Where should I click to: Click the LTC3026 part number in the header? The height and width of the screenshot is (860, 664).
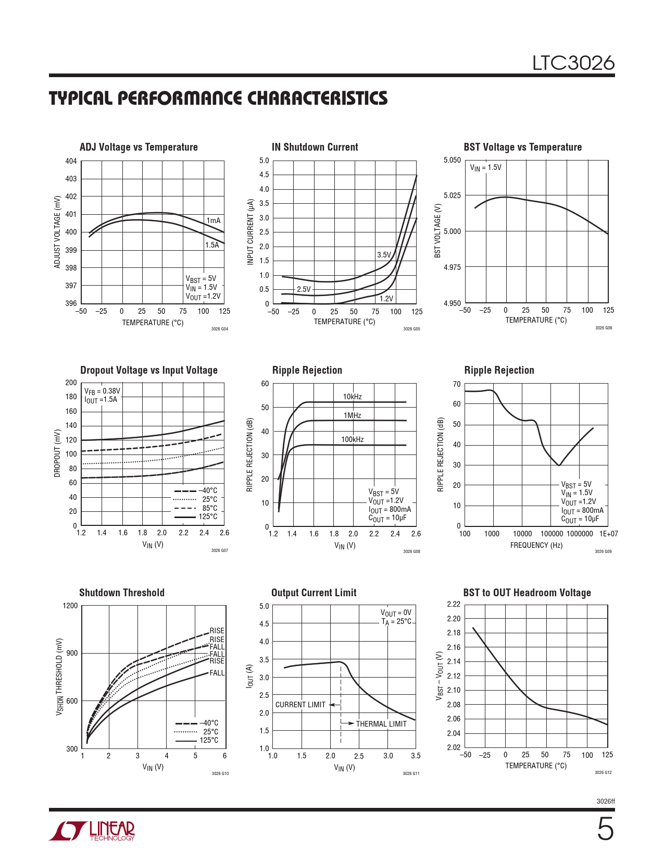pos(573,63)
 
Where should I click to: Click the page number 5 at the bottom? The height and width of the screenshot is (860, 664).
pos(605,829)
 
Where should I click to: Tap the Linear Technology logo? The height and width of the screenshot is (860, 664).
pos(92,831)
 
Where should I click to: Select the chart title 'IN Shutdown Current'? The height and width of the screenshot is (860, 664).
pos(315,147)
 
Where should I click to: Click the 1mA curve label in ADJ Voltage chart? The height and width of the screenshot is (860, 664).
pos(214,220)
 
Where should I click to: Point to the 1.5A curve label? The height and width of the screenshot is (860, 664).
pos(212,245)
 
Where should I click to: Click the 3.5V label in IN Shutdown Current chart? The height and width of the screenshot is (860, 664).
pos(384,255)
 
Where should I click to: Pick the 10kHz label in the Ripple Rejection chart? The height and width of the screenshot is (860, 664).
pos(352,397)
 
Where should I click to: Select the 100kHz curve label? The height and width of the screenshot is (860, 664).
pos(352,439)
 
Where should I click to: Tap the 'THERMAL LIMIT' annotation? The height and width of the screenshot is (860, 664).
pos(381,724)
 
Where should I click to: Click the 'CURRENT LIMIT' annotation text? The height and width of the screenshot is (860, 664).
pos(300,705)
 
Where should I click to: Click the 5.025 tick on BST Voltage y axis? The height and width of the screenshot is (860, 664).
pos(452,195)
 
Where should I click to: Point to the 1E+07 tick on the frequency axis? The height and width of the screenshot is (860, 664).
pos(608,534)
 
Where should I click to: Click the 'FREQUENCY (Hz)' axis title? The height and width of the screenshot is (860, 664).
pos(536,545)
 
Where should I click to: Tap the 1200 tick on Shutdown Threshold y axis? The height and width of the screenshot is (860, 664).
pos(70,606)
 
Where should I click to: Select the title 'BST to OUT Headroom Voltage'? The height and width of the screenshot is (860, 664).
pos(527,593)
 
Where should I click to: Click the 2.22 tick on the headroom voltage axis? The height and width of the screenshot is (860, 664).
pos(454,605)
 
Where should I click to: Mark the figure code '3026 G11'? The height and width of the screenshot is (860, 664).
pos(411,773)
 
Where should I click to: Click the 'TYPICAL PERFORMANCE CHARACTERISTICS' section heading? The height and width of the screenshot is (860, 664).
pos(218,99)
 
